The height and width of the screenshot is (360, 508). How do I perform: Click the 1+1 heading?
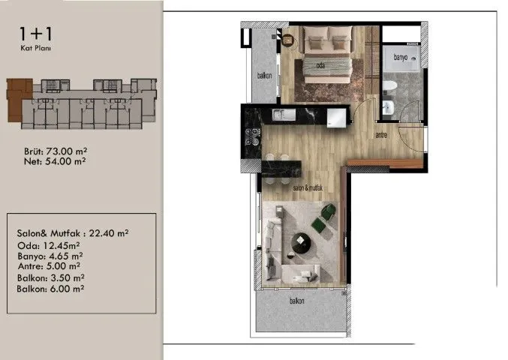click(35, 34)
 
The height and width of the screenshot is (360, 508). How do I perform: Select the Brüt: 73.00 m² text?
click(56, 151)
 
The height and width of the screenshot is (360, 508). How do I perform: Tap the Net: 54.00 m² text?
click(55, 161)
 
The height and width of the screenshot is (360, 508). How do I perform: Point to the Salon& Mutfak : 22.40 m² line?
click(73, 233)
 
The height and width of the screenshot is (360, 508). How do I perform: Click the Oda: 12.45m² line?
click(49, 246)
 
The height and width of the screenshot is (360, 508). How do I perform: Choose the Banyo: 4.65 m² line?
click(50, 256)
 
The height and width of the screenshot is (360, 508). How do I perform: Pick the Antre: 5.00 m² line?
click(49, 266)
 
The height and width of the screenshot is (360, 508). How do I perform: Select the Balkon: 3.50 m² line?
click(51, 277)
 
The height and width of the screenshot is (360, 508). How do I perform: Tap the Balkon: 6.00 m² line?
click(50, 289)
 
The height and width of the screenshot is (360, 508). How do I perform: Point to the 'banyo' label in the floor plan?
click(401, 57)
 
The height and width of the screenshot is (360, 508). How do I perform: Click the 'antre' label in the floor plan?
click(381, 135)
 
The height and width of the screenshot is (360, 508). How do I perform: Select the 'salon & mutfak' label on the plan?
click(308, 187)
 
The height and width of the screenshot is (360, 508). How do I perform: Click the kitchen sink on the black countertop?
click(284, 115)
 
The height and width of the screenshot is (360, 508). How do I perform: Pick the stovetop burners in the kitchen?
click(253, 136)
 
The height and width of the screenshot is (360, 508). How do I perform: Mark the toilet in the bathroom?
click(389, 85)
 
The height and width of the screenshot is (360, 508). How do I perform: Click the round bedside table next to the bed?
click(287, 40)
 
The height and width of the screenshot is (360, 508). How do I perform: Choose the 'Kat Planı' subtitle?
click(35, 49)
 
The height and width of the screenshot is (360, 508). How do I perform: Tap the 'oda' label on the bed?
click(320, 66)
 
